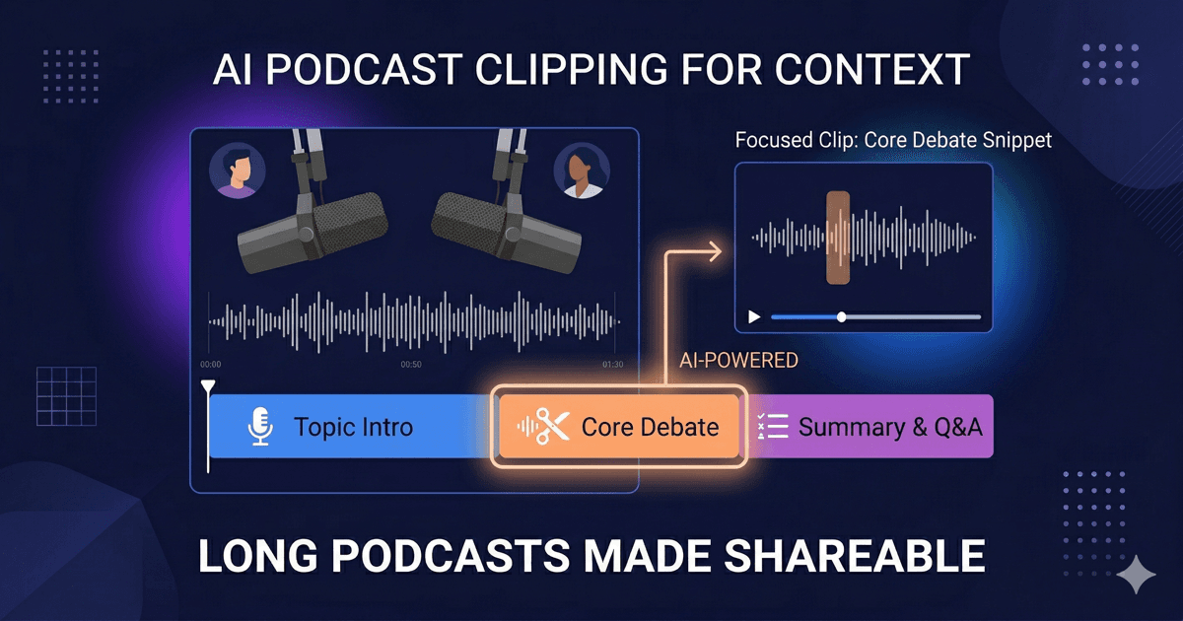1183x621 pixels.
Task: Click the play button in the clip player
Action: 755,317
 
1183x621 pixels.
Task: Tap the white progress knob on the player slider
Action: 841,317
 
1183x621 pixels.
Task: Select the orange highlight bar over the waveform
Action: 838,238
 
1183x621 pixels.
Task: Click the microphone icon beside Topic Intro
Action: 260,428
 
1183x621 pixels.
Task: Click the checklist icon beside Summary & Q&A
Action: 772,428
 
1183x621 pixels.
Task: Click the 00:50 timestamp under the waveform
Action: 411,365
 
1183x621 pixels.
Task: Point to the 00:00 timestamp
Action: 210,365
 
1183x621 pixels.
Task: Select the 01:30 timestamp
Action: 612,365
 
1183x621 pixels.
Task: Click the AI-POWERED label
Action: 738,361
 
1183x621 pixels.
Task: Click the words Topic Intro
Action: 353,428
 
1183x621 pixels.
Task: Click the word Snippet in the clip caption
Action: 1016,140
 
